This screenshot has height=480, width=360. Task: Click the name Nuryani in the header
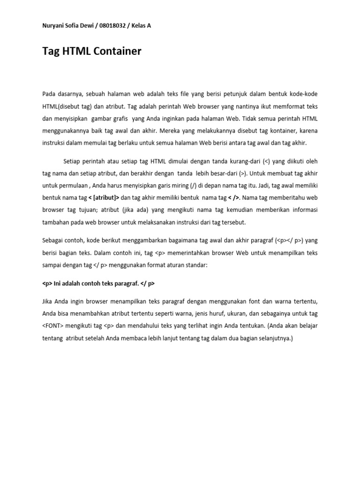(x=53, y=26)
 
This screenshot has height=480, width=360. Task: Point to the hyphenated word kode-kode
(x=304, y=94)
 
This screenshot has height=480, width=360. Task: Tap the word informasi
(x=303, y=210)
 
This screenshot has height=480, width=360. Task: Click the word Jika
(x=48, y=301)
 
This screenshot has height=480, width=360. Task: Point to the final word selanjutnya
(x=274, y=337)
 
